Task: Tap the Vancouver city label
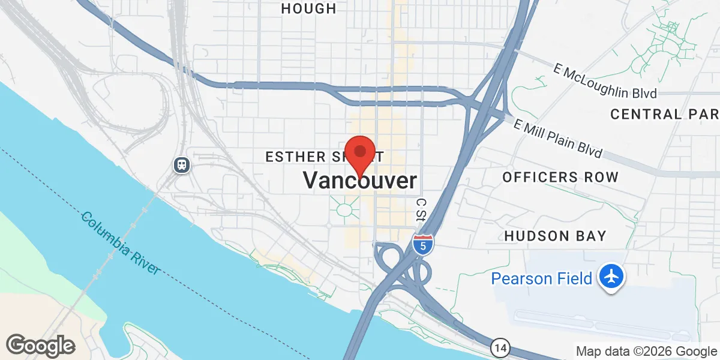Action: [359, 181]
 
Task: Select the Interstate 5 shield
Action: [423, 244]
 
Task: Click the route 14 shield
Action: [500, 347]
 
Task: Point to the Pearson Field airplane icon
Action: [611, 278]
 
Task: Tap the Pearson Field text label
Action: [542, 278]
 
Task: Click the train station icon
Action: [181, 165]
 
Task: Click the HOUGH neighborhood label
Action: [308, 8]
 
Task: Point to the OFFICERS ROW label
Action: [560, 177]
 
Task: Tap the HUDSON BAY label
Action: [556, 236]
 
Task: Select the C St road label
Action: [421, 209]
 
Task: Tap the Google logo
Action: [40, 346]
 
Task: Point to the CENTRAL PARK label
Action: [664, 113]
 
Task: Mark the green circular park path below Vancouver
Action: [345, 209]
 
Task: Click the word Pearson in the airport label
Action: [518, 278]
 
